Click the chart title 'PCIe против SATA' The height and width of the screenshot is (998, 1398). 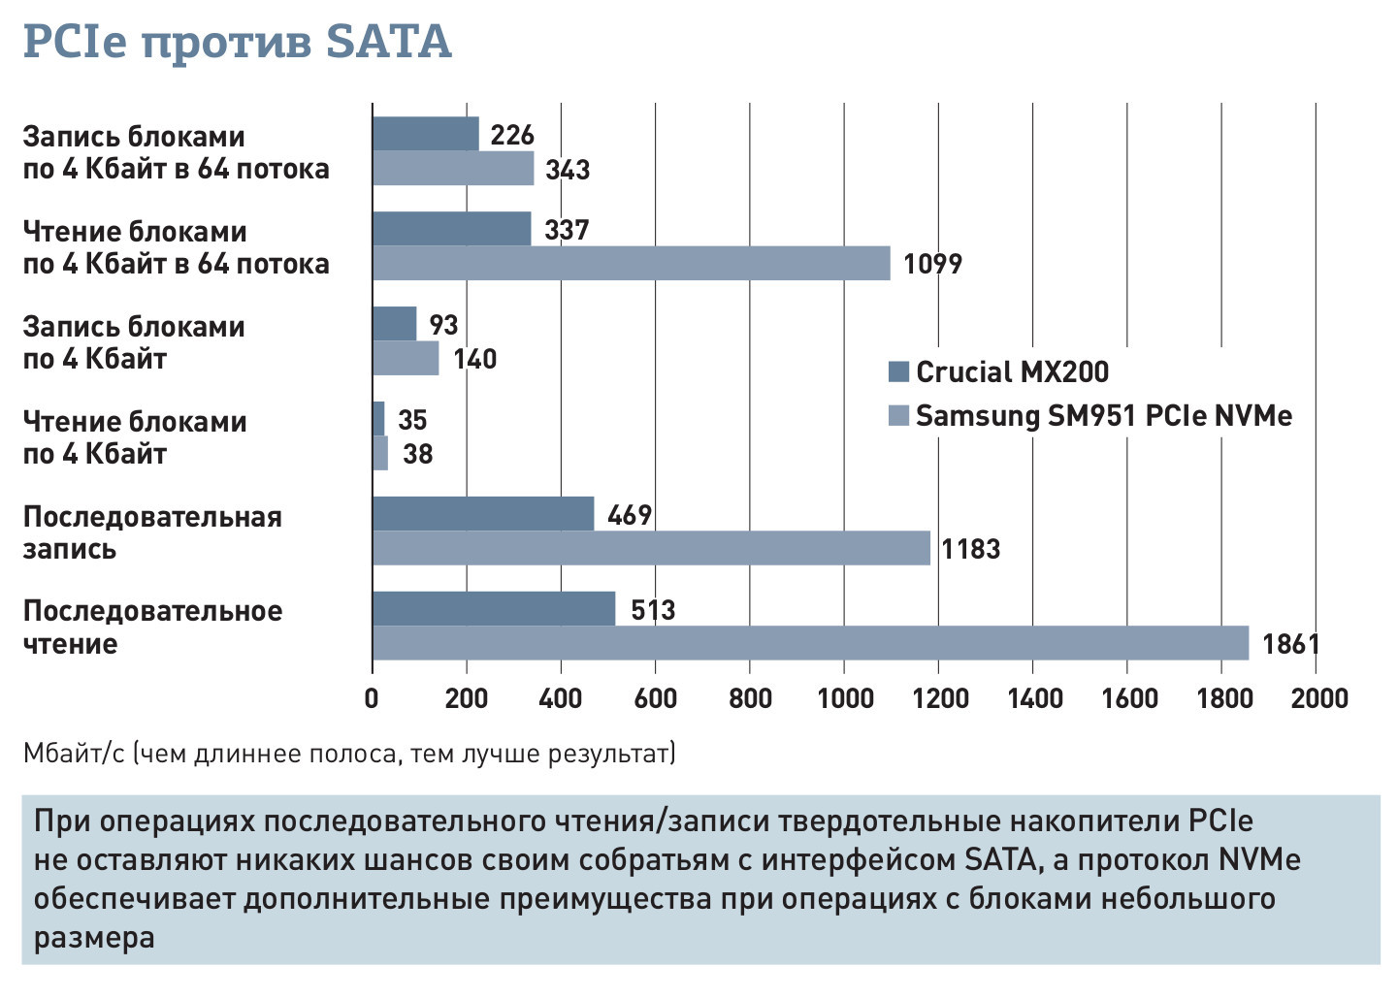pyautogui.click(x=237, y=43)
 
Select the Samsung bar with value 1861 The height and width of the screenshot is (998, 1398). pyautogui.click(x=810, y=643)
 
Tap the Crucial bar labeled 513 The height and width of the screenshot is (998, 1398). pyautogui.click(x=493, y=609)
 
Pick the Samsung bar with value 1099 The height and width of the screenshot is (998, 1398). pyautogui.click(x=631, y=263)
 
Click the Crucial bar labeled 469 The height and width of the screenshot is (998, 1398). pyautogui.click(x=482, y=514)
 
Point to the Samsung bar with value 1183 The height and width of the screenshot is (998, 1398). pyautogui.click(x=651, y=548)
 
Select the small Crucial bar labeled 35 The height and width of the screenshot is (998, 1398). pyautogui.click(x=378, y=419)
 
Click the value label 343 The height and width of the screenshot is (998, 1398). pyautogui.click(x=568, y=170)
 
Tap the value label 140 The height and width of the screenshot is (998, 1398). pyautogui.click(x=474, y=359)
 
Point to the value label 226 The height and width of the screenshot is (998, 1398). pyautogui.click(x=512, y=135)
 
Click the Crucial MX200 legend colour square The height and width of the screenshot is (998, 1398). pyautogui.click(x=898, y=371)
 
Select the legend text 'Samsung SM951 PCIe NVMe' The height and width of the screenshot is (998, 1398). pyautogui.click(x=1104, y=416)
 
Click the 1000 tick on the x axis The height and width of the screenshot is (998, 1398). pyautogui.click(x=844, y=698)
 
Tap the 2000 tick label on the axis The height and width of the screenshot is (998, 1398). pyautogui.click(x=1318, y=698)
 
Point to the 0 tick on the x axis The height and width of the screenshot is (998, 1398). pyautogui.click(x=372, y=698)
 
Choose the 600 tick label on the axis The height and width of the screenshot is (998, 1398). pyautogui.click(x=655, y=698)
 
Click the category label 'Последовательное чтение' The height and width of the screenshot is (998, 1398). pyautogui.click(x=152, y=627)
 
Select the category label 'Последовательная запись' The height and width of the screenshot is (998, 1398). pyautogui.click(x=152, y=532)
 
